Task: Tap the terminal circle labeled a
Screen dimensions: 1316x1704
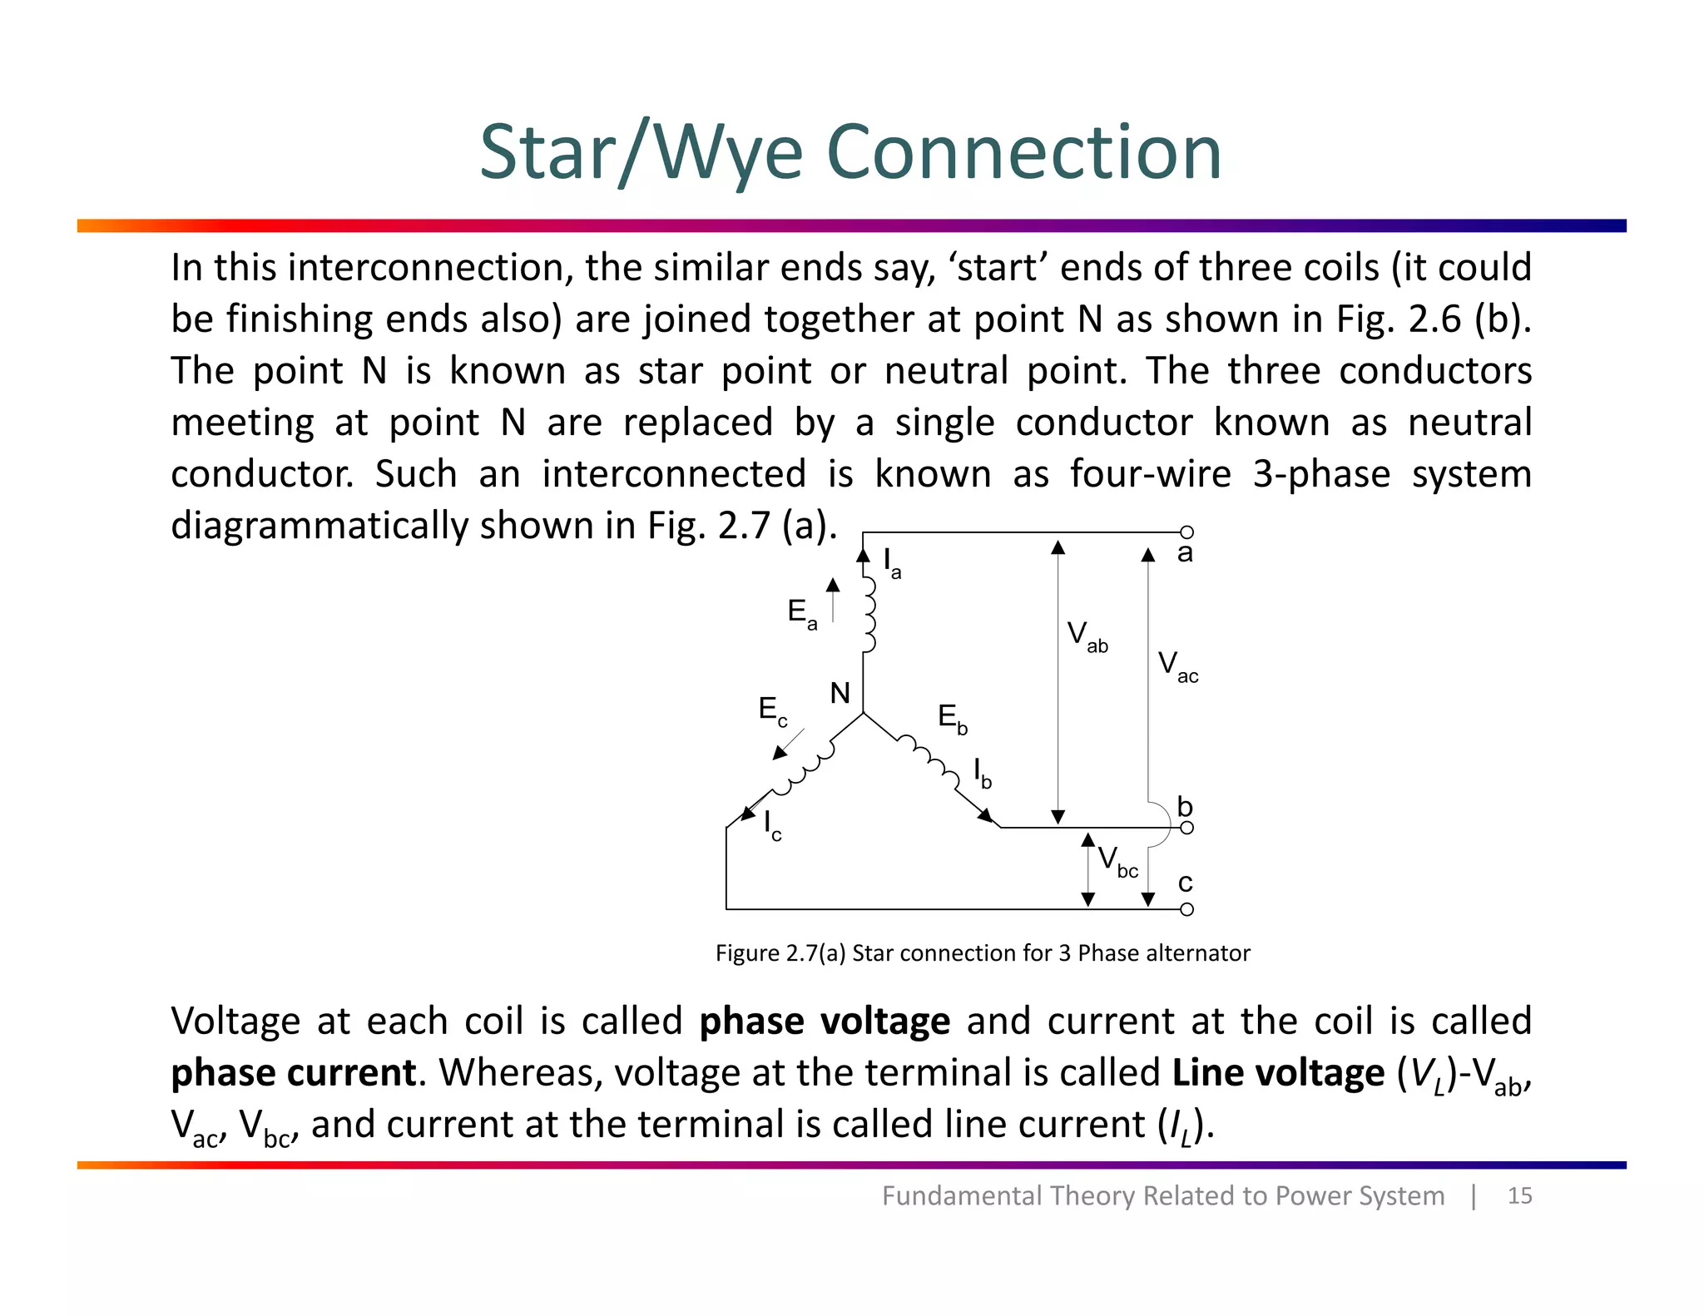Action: pyautogui.click(x=1187, y=532)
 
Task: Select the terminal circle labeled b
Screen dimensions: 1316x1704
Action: pyautogui.click(x=1187, y=828)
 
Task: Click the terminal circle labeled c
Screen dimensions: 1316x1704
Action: pyautogui.click(x=1187, y=909)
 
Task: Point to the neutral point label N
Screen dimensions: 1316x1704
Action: pyautogui.click(x=840, y=693)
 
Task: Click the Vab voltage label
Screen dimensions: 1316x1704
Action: pyautogui.click(x=1087, y=637)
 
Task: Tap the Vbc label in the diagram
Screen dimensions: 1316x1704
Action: pyautogui.click(x=1117, y=861)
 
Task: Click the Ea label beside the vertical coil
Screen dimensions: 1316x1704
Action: pyautogui.click(x=802, y=614)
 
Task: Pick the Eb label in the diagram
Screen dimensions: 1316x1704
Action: pyautogui.click(x=952, y=718)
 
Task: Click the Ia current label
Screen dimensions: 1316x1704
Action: pyautogui.click(x=891, y=563)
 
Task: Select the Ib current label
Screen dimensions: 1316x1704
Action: pyautogui.click(x=983, y=773)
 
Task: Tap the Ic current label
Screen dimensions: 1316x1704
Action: pyautogui.click(x=772, y=826)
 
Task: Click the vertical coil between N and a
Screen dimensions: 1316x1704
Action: pyautogui.click(x=868, y=615)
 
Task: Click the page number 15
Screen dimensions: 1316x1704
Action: pyautogui.click(x=1519, y=1195)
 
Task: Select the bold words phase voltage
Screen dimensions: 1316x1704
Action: pyautogui.click(x=824, y=1021)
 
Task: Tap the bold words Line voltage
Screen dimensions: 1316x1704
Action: pyautogui.click(x=1277, y=1072)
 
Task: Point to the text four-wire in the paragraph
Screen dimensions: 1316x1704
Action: pyautogui.click(x=1150, y=474)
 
